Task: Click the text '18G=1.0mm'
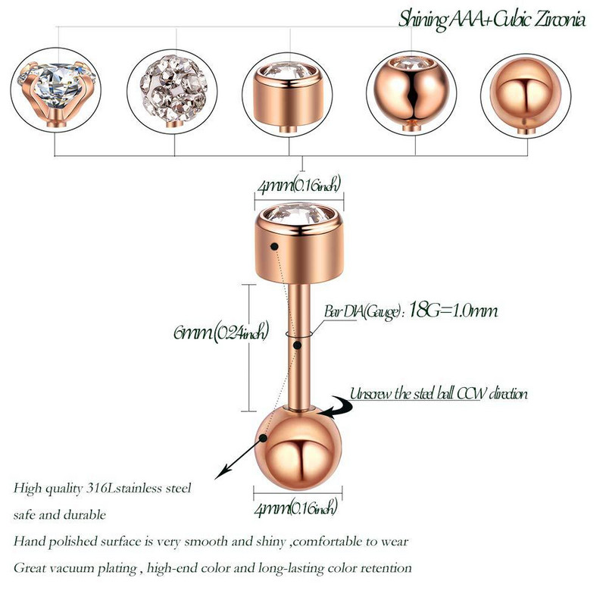click(x=453, y=311)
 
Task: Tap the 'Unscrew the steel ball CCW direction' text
click(x=439, y=394)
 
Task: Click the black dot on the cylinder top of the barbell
click(x=273, y=245)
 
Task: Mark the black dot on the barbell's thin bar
click(x=300, y=345)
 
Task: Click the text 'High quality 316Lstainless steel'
click(x=103, y=487)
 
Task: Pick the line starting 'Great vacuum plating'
click(x=212, y=567)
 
